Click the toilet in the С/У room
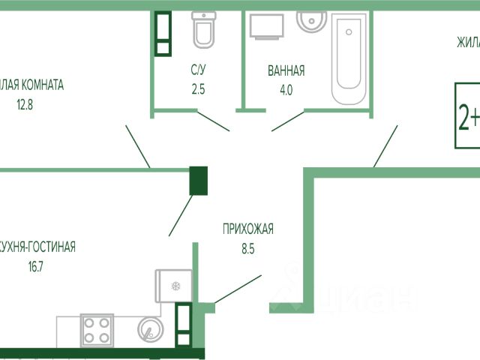coord(203,29)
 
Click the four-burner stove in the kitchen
coord(97,330)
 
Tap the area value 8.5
coord(247,247)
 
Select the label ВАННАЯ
coord(286,71)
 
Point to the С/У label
coord(198,71)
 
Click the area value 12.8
coord(25,105)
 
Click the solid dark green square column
coord(199,181)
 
